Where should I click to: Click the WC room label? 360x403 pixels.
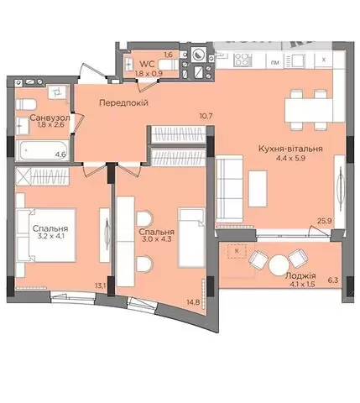147,64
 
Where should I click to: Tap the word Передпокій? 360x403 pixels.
123,103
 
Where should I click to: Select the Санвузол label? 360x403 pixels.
50,118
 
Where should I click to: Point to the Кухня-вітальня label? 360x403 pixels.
290,149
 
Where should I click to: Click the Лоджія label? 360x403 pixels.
300,276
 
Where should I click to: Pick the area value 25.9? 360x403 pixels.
325,221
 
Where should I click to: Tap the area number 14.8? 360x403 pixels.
194,302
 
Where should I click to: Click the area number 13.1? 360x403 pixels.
100,285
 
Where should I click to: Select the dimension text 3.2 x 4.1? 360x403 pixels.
50,236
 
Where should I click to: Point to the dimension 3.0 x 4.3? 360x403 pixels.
157,239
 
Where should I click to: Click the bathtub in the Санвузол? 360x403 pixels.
43,151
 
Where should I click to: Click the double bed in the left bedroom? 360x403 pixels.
46,235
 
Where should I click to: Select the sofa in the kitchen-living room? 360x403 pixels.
229,190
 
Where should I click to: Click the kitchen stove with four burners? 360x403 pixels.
243,60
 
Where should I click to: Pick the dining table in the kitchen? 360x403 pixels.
309,110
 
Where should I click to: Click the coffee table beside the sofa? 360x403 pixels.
258,189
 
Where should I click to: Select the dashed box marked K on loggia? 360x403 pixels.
237,251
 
